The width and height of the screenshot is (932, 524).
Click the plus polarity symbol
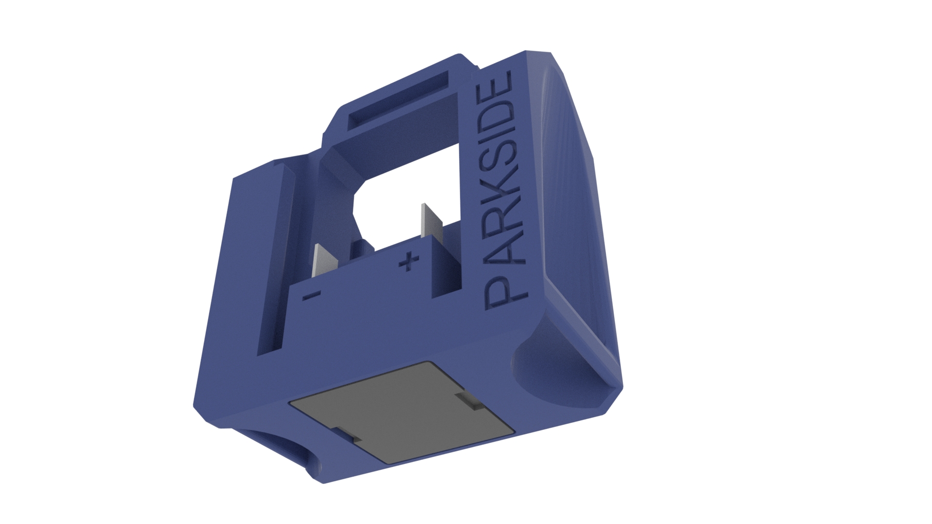pos(408,262)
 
